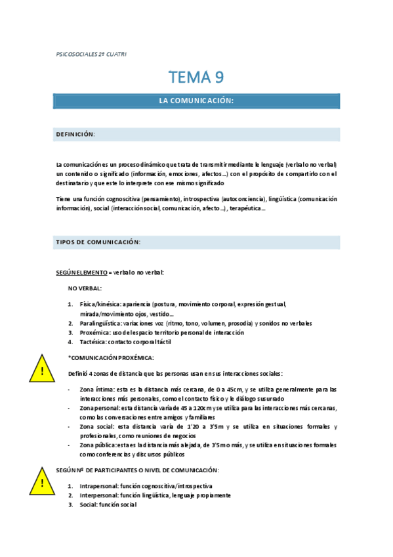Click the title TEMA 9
196,78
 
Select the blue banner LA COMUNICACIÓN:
196,100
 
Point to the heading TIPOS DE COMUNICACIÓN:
98,242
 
